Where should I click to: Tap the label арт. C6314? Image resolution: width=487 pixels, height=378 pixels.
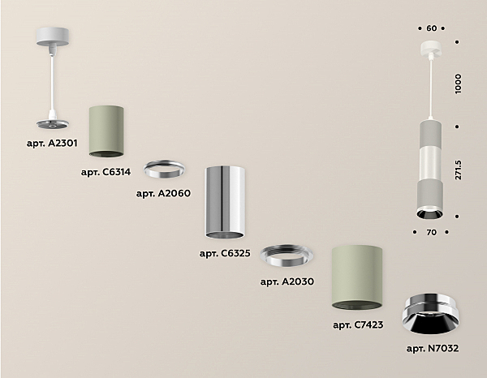tap(107, 172)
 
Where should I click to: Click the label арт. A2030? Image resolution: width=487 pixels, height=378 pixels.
tap(287, 281)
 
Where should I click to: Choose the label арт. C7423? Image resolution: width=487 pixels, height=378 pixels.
tap(358, 324)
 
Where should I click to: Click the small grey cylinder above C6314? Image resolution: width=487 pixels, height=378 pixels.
tap(106, 130)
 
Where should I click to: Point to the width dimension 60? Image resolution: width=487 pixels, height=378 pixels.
tap(431, 28)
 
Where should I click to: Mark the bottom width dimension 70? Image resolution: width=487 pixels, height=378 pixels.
tap(431, 232)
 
